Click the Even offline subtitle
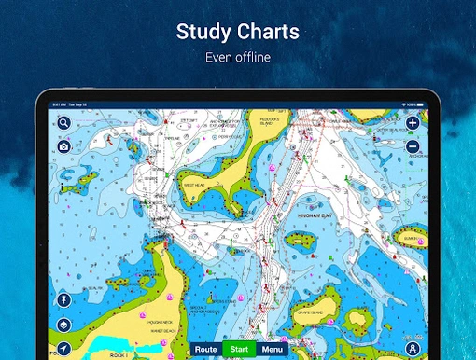237,58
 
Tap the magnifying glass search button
63,122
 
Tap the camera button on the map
63,146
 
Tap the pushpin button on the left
63,300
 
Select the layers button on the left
63,325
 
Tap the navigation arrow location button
63,349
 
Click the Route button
206,350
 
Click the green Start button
239,350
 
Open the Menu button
272,350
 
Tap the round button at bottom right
413,349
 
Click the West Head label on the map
193,185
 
